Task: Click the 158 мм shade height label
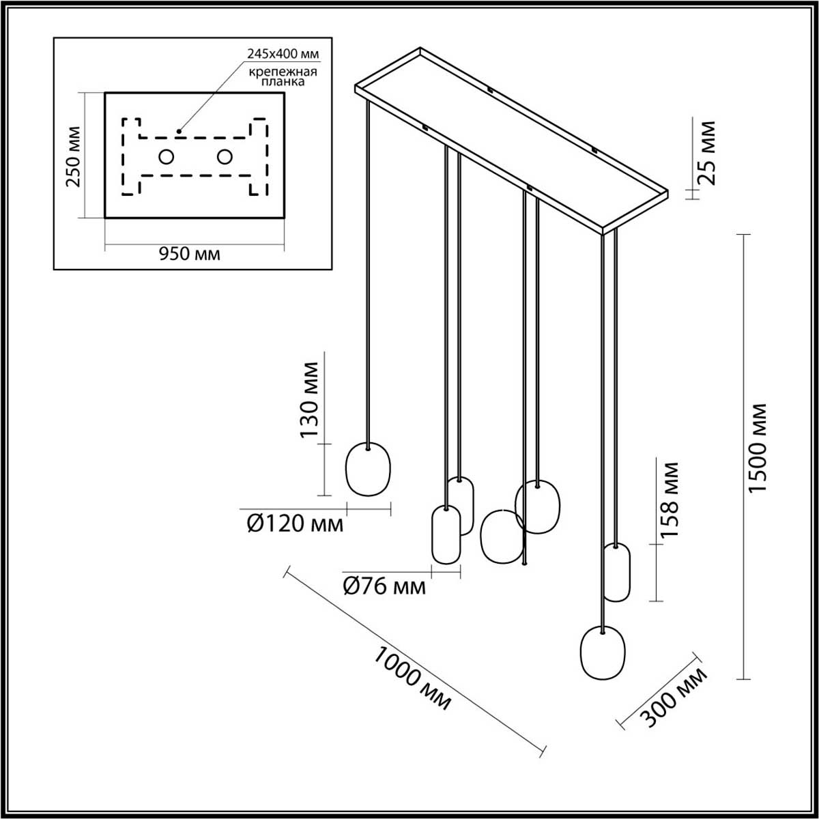click(x=671, y=500)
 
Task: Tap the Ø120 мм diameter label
click(x=294, y=524)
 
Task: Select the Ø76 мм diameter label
click(x=384, y=586)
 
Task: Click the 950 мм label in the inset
click(x=190, y=254)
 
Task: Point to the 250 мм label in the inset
click(x=73, y=156)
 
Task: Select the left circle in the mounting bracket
click(x=166, y=157)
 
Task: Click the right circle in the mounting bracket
click(x=225, y=157)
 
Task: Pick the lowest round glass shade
click(x=602, y=652)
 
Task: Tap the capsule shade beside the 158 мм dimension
click(x=616, y=572)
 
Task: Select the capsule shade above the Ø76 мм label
click(x=446, y=535)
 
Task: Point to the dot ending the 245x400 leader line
click(x=179, y=130)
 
